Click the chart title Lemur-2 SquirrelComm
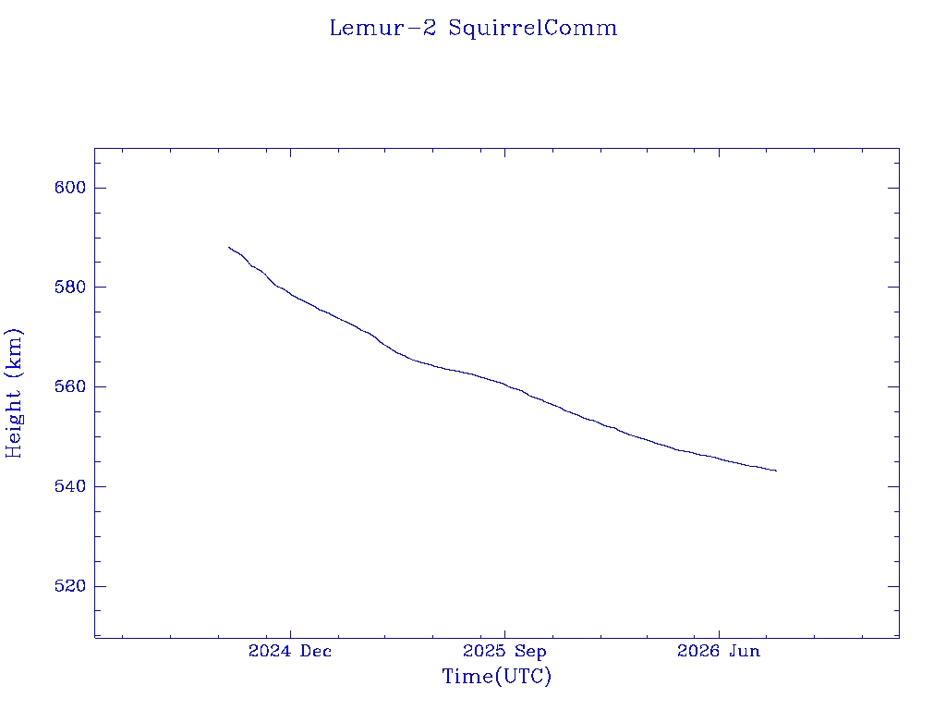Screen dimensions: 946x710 (x=473, y=28)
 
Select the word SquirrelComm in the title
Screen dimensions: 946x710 (x=533, y=28)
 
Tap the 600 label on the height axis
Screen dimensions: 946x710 (x=70, y=188)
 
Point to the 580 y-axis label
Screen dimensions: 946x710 (x=70, y=287)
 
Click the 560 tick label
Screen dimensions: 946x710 (x=70, y=386)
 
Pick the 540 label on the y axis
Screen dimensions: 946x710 (x=70, y=486)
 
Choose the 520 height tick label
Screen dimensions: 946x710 (x=70, y=585)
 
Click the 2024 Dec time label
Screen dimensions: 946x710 (x=290, y=651)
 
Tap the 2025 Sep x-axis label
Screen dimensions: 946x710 (x=504, y=651)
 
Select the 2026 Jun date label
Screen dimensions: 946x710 (x=719, y=651)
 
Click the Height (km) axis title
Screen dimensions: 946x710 (x=14, y=394)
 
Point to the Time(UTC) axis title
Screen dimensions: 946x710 (x=497, y=676)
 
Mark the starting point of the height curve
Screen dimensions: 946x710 (x=229, y=247)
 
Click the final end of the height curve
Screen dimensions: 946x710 (x=776, y=471)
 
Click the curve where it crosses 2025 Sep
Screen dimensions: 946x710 (x=504, y=384)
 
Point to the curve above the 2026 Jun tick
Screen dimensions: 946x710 (x=719, y=459)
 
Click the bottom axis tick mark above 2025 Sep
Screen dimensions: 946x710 (x=504, y=632)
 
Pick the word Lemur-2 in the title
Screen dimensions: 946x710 (x=382, y=28)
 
